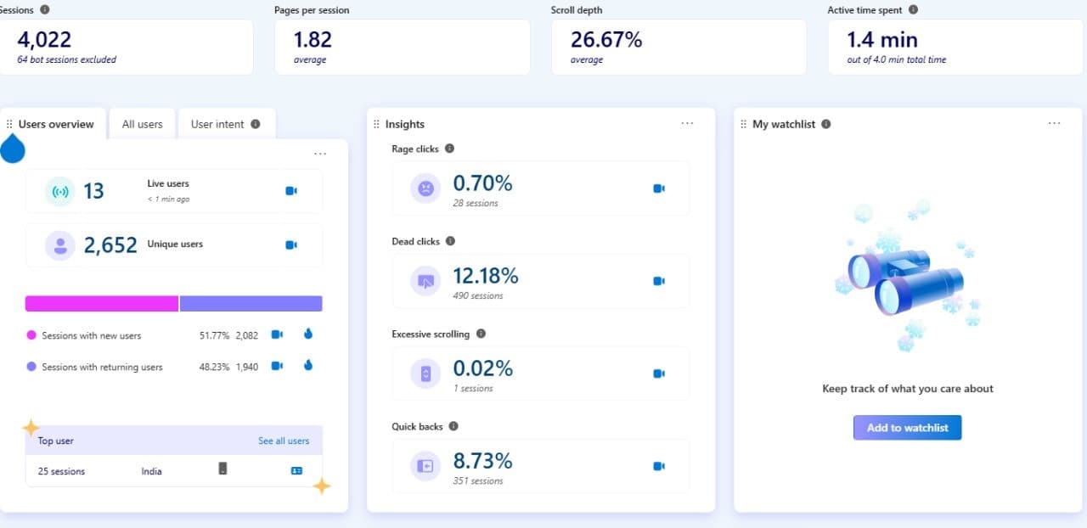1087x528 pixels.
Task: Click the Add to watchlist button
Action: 907,428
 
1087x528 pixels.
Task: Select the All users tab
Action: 142,124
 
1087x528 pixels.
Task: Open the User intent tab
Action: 218,124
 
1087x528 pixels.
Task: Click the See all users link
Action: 284,441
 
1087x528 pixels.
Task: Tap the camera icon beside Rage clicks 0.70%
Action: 658,188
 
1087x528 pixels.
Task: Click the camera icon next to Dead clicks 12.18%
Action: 658,281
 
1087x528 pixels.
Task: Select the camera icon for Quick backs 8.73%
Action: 658,466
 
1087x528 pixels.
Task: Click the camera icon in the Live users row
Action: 291,191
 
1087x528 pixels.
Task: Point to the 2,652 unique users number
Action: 110,245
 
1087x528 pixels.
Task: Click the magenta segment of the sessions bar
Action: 102,304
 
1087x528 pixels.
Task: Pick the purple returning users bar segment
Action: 251,304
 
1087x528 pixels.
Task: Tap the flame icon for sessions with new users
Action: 308,334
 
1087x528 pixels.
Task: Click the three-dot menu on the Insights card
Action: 687,124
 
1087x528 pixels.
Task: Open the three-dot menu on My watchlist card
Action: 1054,124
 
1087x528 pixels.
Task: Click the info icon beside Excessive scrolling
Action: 481,334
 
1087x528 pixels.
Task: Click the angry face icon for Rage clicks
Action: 425,188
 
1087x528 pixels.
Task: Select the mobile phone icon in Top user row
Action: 222,469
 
